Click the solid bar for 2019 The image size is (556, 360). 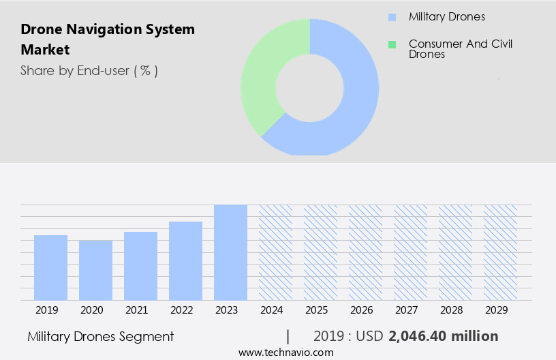tap(50, 267)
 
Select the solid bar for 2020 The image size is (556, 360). tap(95, 270)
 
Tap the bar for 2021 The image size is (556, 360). tap(140, 266)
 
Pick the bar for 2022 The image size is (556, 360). tap(185, 260)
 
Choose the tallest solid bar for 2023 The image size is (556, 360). tap(230, 252)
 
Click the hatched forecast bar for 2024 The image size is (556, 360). tap(275, 252)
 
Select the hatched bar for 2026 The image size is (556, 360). tap(365, 252)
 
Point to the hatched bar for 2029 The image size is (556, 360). tap(500, 252)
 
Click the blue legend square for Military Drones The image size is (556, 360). tap(392, 17)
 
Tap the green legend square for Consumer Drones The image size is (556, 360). tap(392, 44)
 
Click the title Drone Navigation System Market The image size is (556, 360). tap(108, 40)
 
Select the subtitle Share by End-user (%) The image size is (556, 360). tap(89, 70)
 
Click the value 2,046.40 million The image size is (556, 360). tap(444, 336)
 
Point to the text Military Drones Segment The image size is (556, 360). tap(101, 336)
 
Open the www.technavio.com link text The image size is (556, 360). tap(285, 352)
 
